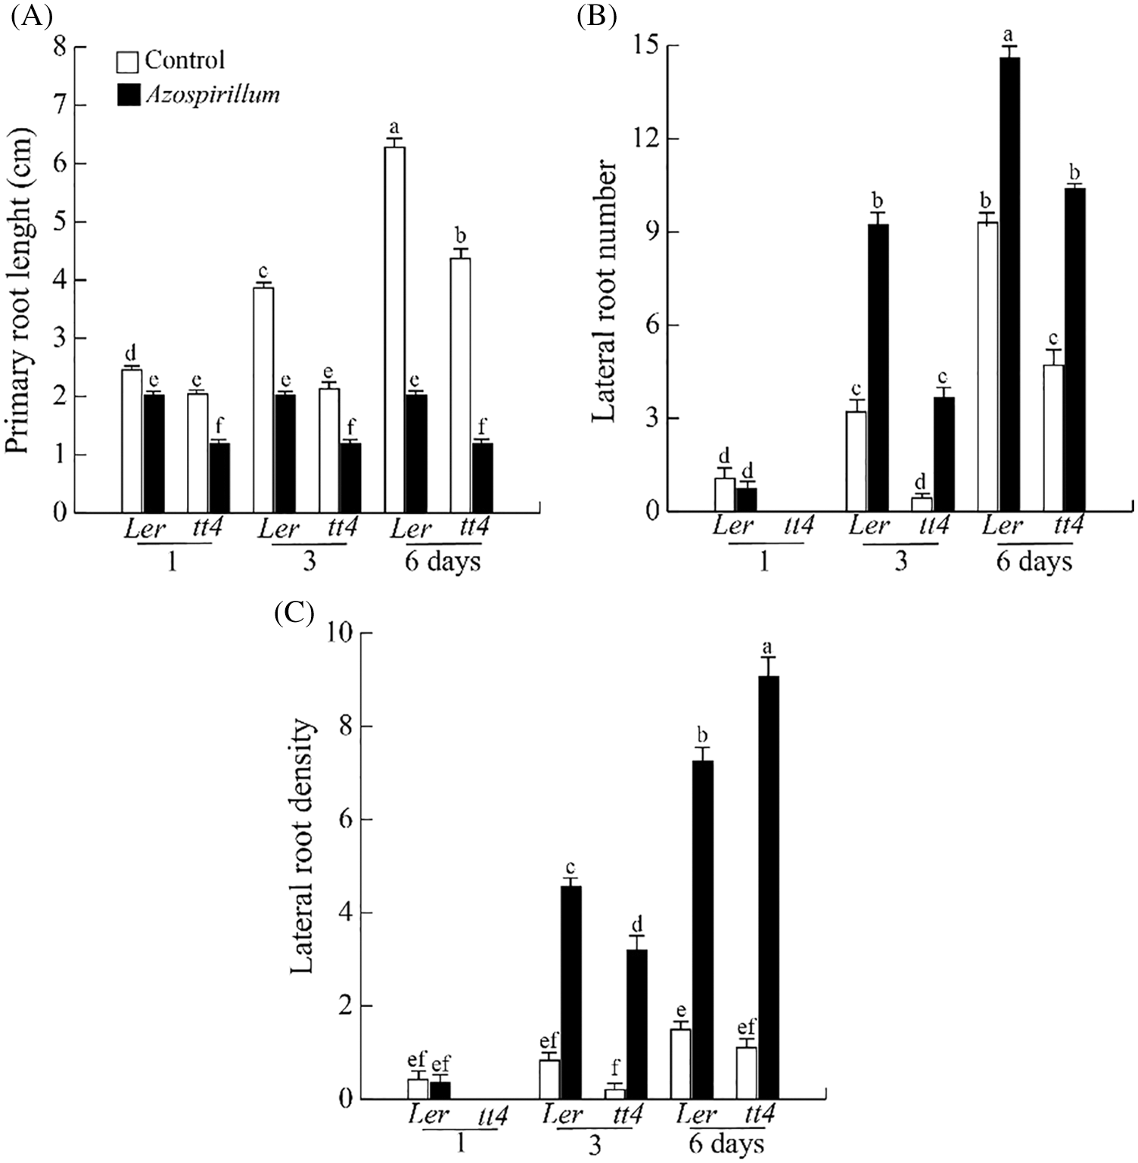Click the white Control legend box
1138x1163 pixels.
[x=127, y=61]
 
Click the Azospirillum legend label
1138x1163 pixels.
[x=212, y=94]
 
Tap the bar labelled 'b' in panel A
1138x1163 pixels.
[x=460, y=385]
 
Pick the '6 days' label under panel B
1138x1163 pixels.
[x=1034, y=562]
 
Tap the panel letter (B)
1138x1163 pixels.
[x=595, y=16]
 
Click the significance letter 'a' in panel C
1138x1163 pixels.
[x=768, y=647]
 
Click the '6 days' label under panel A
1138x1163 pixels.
[x=443, y=562]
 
